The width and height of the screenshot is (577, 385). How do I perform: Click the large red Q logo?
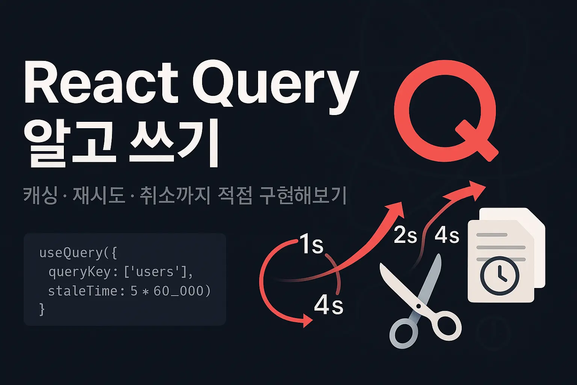446,111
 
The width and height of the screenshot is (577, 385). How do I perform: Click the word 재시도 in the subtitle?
99,196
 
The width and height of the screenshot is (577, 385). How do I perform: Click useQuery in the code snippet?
71,253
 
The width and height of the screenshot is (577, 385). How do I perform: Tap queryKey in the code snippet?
80,271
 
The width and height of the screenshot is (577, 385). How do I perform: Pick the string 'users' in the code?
155,271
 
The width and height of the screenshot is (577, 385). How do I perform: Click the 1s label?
312,245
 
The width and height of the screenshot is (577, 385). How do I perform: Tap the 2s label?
405,235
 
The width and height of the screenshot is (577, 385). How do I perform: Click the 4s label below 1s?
328,305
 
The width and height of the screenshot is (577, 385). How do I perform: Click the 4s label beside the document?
447,235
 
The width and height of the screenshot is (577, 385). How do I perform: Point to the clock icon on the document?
499,276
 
